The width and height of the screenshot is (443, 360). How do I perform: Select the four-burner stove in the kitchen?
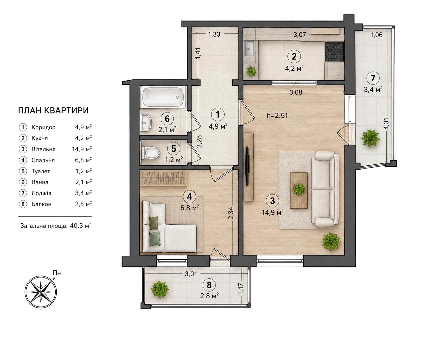334,51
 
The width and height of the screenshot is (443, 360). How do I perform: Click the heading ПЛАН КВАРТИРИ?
53,110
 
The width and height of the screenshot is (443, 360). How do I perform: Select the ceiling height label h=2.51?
278,115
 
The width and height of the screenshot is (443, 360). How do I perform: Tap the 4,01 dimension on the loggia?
386,124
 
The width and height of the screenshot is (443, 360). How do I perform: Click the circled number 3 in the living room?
272,201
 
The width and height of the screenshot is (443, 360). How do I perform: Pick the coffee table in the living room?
299,190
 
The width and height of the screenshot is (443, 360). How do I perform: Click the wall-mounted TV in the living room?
247,166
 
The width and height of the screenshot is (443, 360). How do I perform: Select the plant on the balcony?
159,290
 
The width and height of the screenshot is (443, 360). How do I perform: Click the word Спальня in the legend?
43,160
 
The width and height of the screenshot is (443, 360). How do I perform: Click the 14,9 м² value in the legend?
82,149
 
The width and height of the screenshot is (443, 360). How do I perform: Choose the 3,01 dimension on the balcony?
191,274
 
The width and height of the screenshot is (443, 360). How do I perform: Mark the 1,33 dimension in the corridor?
214,34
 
